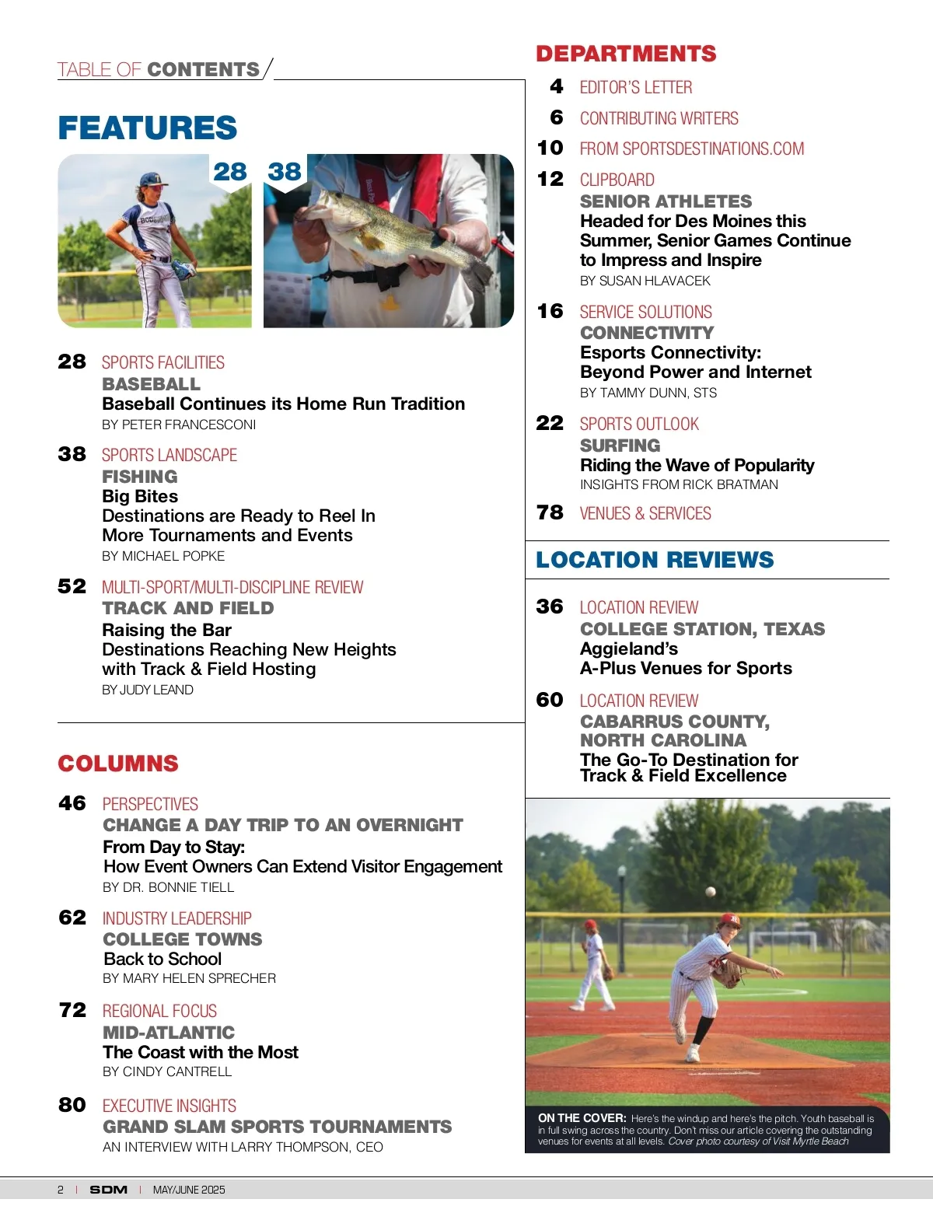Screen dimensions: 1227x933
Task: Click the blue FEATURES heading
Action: (x=147, y=128)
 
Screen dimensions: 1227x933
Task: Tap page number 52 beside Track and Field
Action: (x=72, y=586)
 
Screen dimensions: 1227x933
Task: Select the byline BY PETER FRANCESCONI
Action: (x=179, y=425)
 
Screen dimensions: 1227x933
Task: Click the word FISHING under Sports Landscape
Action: (x=140, y=477)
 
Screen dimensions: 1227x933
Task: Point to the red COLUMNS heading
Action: (x=118, y=764)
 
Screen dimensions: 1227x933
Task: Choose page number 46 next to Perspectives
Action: (x=72, y=803)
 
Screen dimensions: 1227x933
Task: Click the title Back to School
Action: (x=162, y=959)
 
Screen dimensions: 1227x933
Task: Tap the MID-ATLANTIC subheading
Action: (x=169, y=1033)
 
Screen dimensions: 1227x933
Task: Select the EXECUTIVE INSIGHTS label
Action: (x=169, y=1106)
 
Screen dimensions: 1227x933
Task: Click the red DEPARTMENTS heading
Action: (x=626, y=54)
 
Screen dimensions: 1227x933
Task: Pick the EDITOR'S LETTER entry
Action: (x=635, y=87)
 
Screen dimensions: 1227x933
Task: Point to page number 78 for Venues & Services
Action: (x=550, y=512)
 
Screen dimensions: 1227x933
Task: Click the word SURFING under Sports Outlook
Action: (x=620, y=446)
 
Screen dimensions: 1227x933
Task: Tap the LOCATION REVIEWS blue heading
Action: (x=655, y=560)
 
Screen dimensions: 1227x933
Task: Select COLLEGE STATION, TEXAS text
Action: (x=702, y=629)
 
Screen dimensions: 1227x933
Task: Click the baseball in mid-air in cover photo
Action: (x=710, y=892)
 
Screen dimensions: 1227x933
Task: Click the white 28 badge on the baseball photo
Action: (x=230, y=171)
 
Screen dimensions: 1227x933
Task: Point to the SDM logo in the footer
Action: (x=108, y=1190)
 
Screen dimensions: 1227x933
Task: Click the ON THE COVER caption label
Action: (x=582, y=1118)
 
